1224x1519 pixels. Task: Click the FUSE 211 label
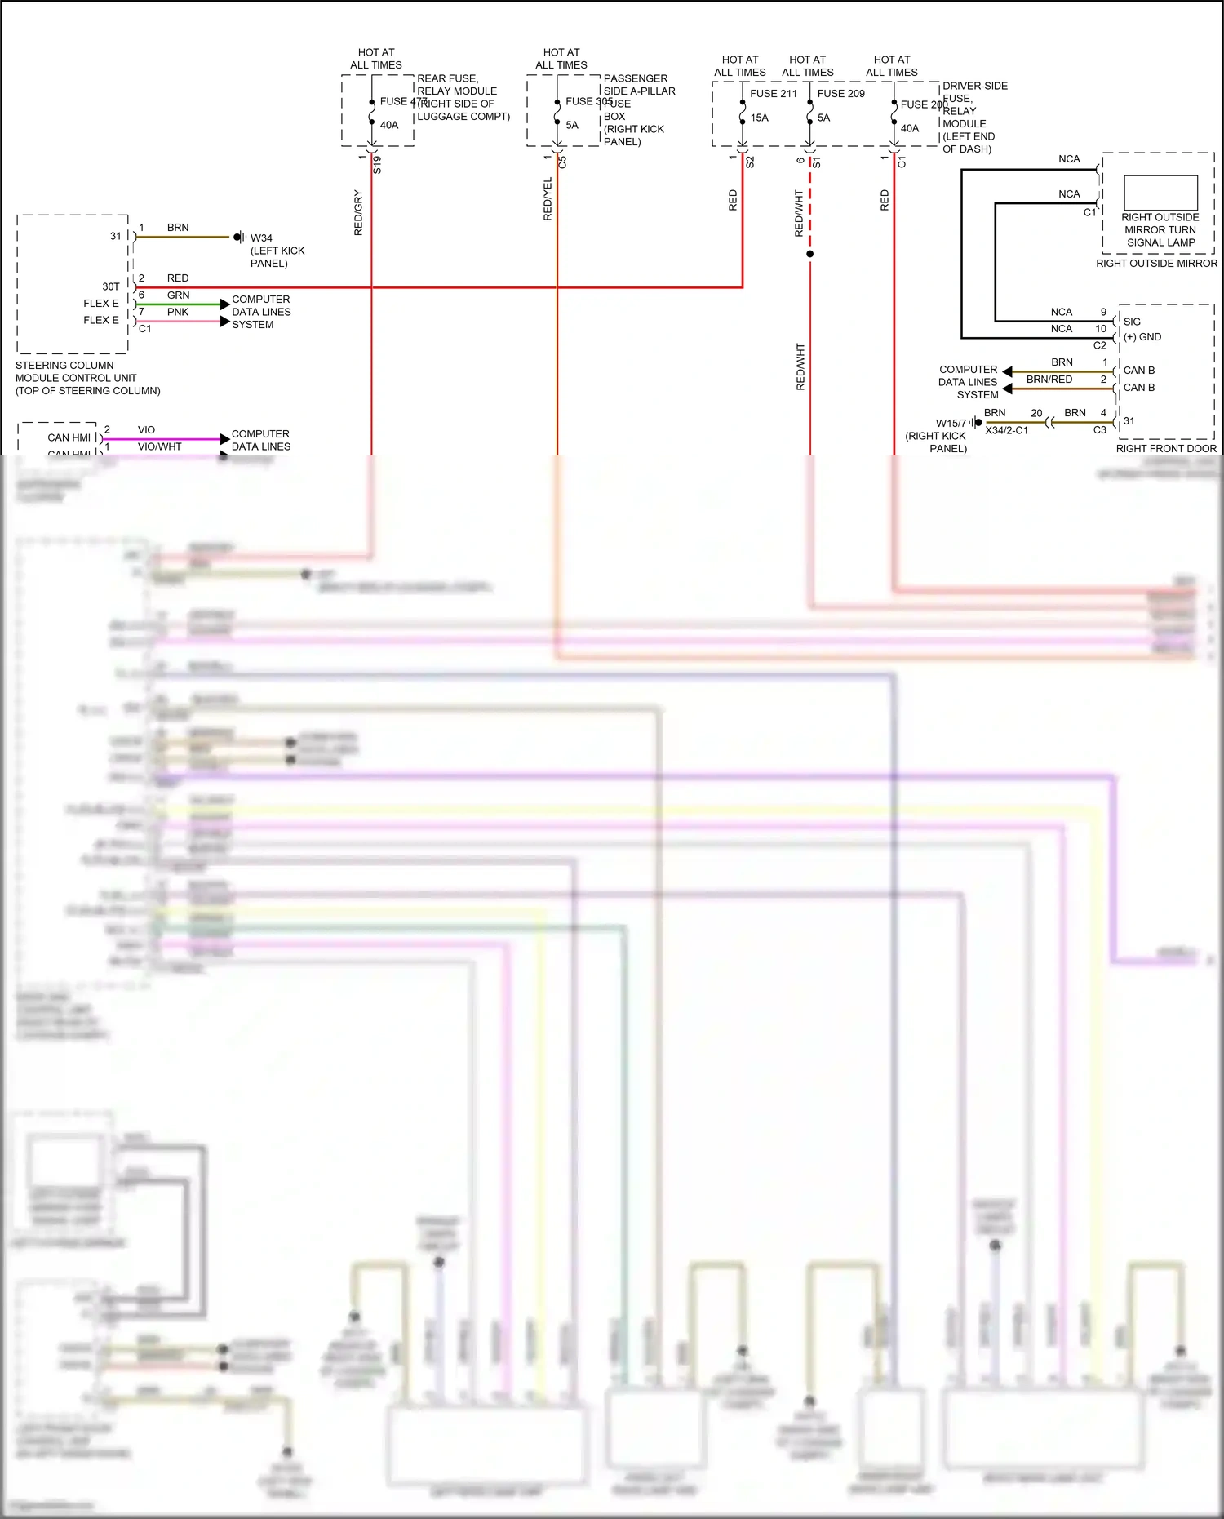pyautogui.click(x=774, y=94)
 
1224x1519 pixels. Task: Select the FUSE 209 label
pyautogui.click(x=840, y=94)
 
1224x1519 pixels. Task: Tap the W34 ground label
pyautogui.click(x=261, y=238)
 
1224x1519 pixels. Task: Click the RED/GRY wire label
pyautogui.click(x=358, y=213)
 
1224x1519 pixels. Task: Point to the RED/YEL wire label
pyautogui.click(x=548, y=199)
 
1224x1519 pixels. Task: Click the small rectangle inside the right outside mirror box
pyautogui.click(x=1160, y=193)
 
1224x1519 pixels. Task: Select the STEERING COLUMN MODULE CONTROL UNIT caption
pyautogui.click(x=87, y=378)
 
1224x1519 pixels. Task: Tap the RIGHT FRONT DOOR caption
pyautogui.click(x=1166, y=448)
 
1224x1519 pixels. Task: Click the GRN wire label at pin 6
pyautogui.click(x=178, y=295)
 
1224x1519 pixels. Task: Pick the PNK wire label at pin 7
pyautogui.click(x=178, y=312)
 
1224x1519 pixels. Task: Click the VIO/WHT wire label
pyautogui.click(x=160, y=446)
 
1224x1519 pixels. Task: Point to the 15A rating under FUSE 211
pyautogui.click(x=760, y=118)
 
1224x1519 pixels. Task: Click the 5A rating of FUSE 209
pyautogui.click(x=824, y=118)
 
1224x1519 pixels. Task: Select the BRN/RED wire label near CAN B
pyautogui.click(x=1049, y=380)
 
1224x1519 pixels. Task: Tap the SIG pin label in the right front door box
pyautogui.click(x=1132, y=322)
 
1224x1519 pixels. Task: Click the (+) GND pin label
pyautogui.click(x=1142, y=337)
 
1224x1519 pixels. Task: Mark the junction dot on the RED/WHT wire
pyautogui.click(x=809, y=254)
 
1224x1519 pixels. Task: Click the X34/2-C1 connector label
pyautogui.click(x=1006, y=430)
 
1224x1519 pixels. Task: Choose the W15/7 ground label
pyautogui.click(x=951, y=424)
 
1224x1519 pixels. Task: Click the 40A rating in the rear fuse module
pyautogui.click(x=389, y=125)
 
